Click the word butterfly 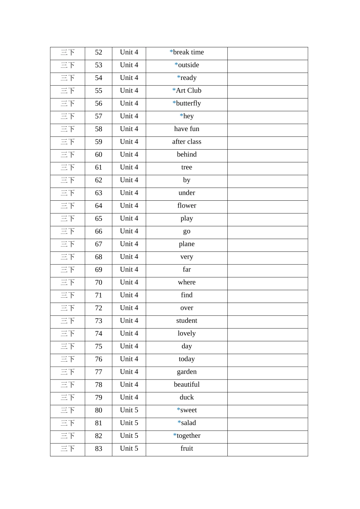coord(188,103)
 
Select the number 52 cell coord(99,53)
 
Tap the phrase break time coord(188,52)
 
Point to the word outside coord(188,65)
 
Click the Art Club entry coord(188,91)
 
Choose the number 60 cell coord(99,155)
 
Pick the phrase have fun coord(186,129)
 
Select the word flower coord(186,206)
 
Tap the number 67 coord(99,244)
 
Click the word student coord(186,321)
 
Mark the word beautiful coord(186,385)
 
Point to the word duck coord(186,398)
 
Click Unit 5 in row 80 coord(129,411)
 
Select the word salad coord(188,423)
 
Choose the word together coord(188,436)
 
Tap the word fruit coord(186,449)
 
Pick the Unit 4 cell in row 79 coord(129,398)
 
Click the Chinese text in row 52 coord(67,53)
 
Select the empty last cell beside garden coord(268,372)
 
